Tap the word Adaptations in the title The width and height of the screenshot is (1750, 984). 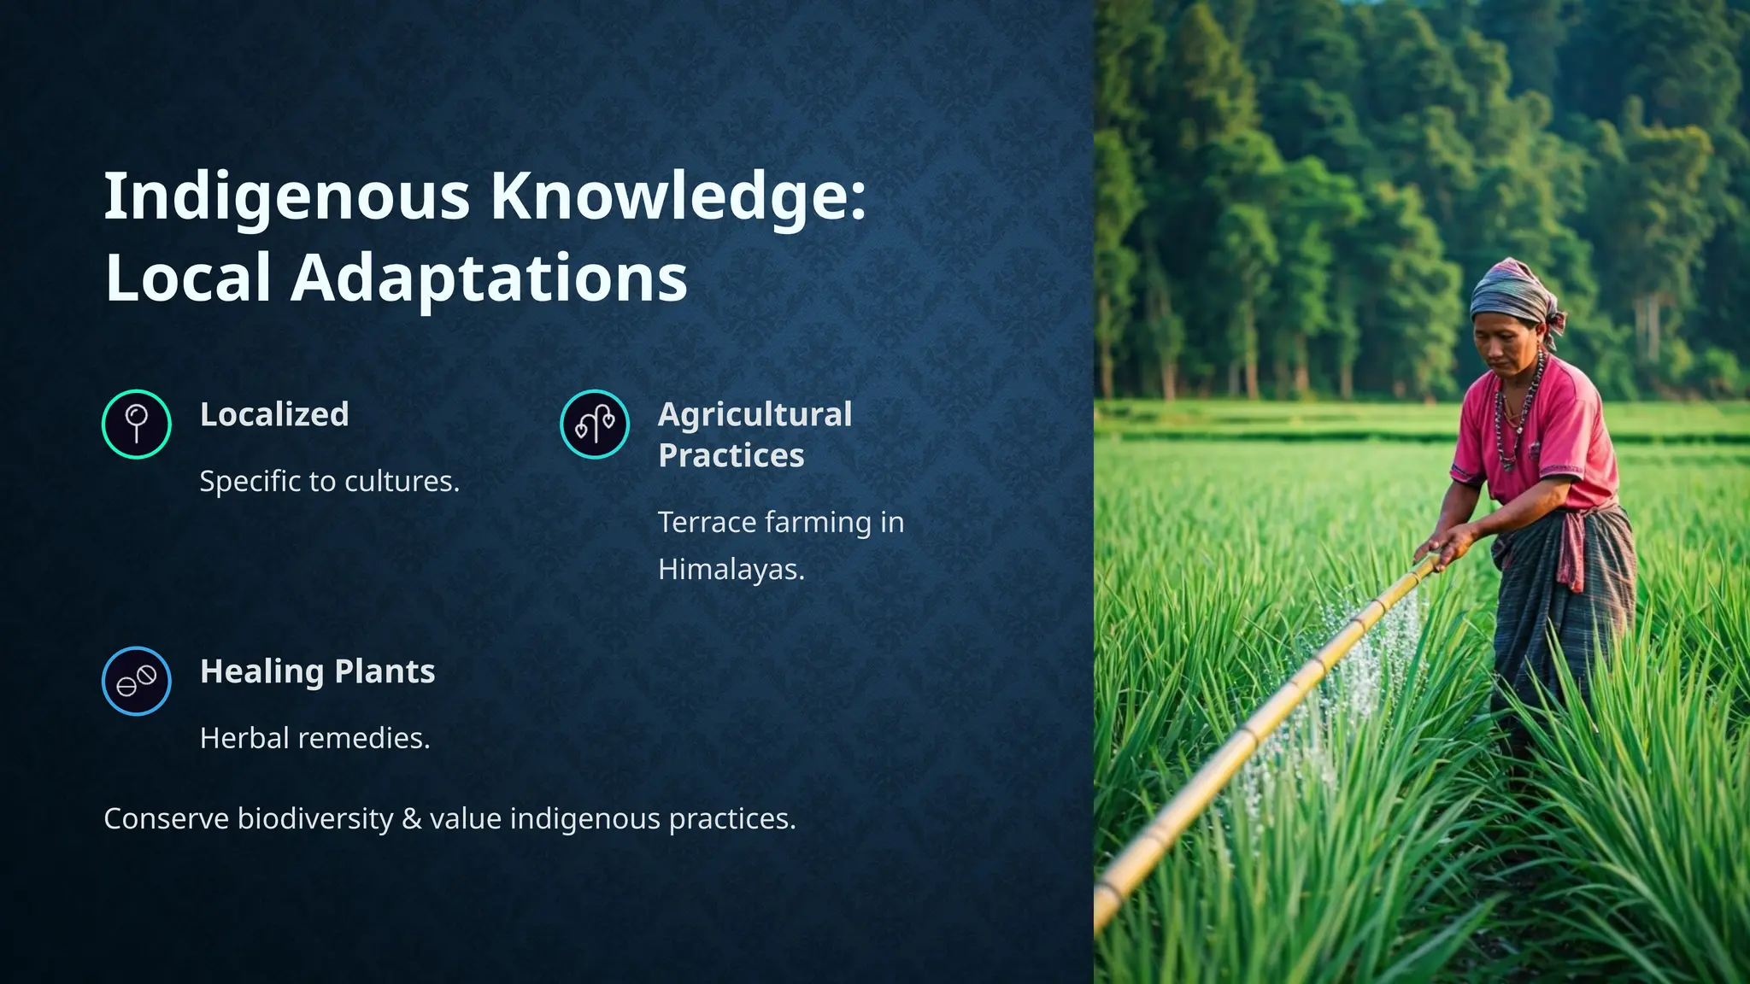tap(489, 278)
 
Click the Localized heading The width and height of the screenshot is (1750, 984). tap(274, 414)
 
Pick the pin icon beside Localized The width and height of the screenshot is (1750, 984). tap(137, 425)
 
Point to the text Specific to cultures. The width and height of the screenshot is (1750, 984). tap(329, 482)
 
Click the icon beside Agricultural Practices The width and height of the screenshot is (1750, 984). tap(595, 425)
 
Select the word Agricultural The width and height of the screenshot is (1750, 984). tap(755, 414)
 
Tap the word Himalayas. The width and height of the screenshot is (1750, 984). tap(731, 570)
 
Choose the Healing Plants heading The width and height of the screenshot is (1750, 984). tap(317, 671)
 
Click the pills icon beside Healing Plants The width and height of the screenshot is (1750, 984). tap(137, 681)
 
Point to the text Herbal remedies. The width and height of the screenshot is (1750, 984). tap(314, 738)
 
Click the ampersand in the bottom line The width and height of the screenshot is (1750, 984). tap(412, 819)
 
